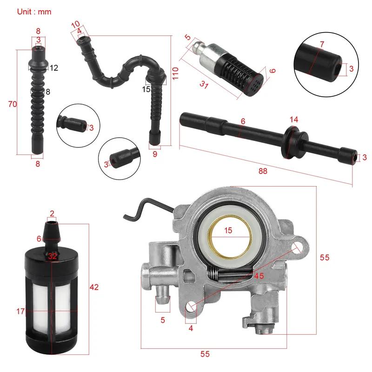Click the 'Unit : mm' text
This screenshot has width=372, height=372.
[34, 11]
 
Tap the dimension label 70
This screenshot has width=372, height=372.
[13, 104]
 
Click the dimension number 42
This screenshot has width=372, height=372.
[94, 287]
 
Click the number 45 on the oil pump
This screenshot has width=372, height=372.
[259, 276]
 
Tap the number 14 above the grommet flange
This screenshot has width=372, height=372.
[293, 120]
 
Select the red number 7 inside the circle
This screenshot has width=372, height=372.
[322, 44]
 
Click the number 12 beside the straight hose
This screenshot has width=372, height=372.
[53, 68]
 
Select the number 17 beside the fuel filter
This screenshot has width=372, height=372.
[20, 311]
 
